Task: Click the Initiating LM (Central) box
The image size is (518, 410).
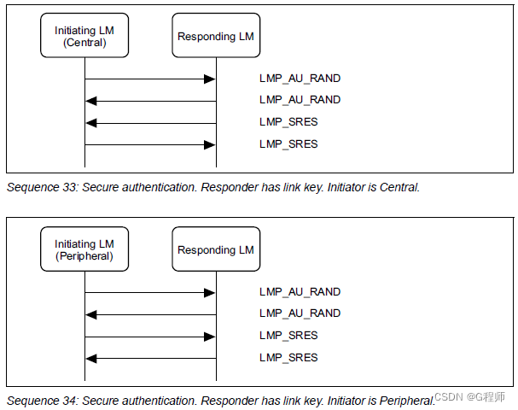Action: click(84, 37)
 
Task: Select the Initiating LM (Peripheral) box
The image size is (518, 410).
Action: click(84, 250)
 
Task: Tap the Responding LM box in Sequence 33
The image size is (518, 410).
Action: click(216, 37)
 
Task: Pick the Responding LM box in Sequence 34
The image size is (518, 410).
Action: click(216, 250)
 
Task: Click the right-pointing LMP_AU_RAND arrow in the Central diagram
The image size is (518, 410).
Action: click(150, 79)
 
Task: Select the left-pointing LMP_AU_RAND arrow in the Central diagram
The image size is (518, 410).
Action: click(150, 101)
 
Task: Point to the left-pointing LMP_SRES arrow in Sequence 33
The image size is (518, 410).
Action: click(150, 123)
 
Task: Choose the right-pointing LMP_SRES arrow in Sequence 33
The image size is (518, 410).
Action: click(150, 144)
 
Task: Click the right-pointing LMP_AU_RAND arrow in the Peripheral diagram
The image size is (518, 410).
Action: click(150, 293)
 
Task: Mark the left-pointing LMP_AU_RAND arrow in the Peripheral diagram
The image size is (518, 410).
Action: click(150, 314)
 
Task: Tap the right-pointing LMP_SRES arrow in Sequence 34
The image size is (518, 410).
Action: click(150, 337)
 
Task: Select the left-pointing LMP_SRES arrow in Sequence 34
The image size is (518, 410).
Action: click(150, 358)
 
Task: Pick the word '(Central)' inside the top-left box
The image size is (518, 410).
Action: click(84, 43)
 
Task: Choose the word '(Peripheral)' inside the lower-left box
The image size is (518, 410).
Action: click(84, 256)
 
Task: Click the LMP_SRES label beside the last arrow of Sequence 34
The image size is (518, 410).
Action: click(288, 358)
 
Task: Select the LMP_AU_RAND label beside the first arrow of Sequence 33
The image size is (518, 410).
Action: click(300, 79)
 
